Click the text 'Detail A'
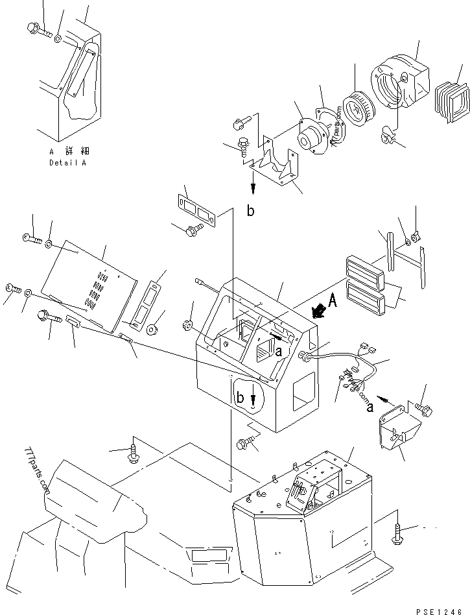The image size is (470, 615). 67,163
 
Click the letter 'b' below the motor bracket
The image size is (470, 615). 251,211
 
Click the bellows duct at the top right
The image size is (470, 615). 452,100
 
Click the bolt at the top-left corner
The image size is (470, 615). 36,28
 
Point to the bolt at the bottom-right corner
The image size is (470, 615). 398,533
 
